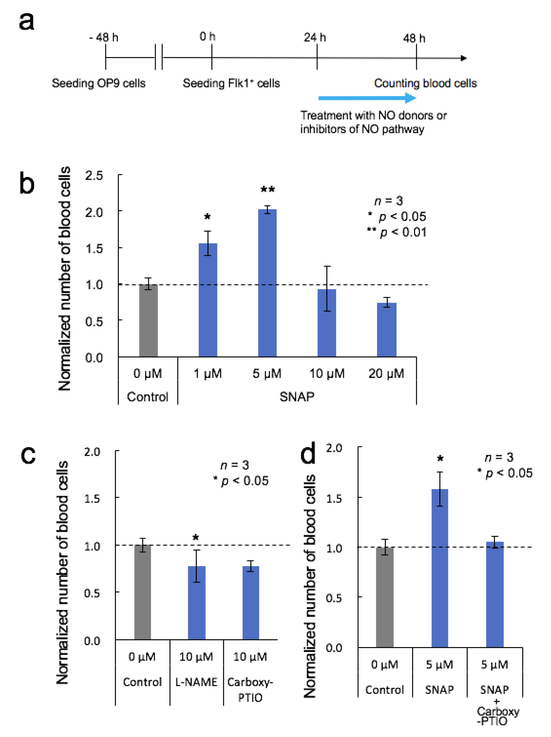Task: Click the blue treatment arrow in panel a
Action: pos(366,98)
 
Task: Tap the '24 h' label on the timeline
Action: pos(314,37)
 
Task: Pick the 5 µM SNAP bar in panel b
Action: pos(267,283)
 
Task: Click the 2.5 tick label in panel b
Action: pos(94,176)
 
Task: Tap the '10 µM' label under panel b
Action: pos(327,374)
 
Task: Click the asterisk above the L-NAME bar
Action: pos(196,537)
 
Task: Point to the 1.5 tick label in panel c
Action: pos(92,499)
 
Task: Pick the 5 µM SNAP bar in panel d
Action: pos(440,568)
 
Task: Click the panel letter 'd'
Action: pos(308,453)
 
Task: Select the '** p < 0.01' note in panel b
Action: pos(396,232)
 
